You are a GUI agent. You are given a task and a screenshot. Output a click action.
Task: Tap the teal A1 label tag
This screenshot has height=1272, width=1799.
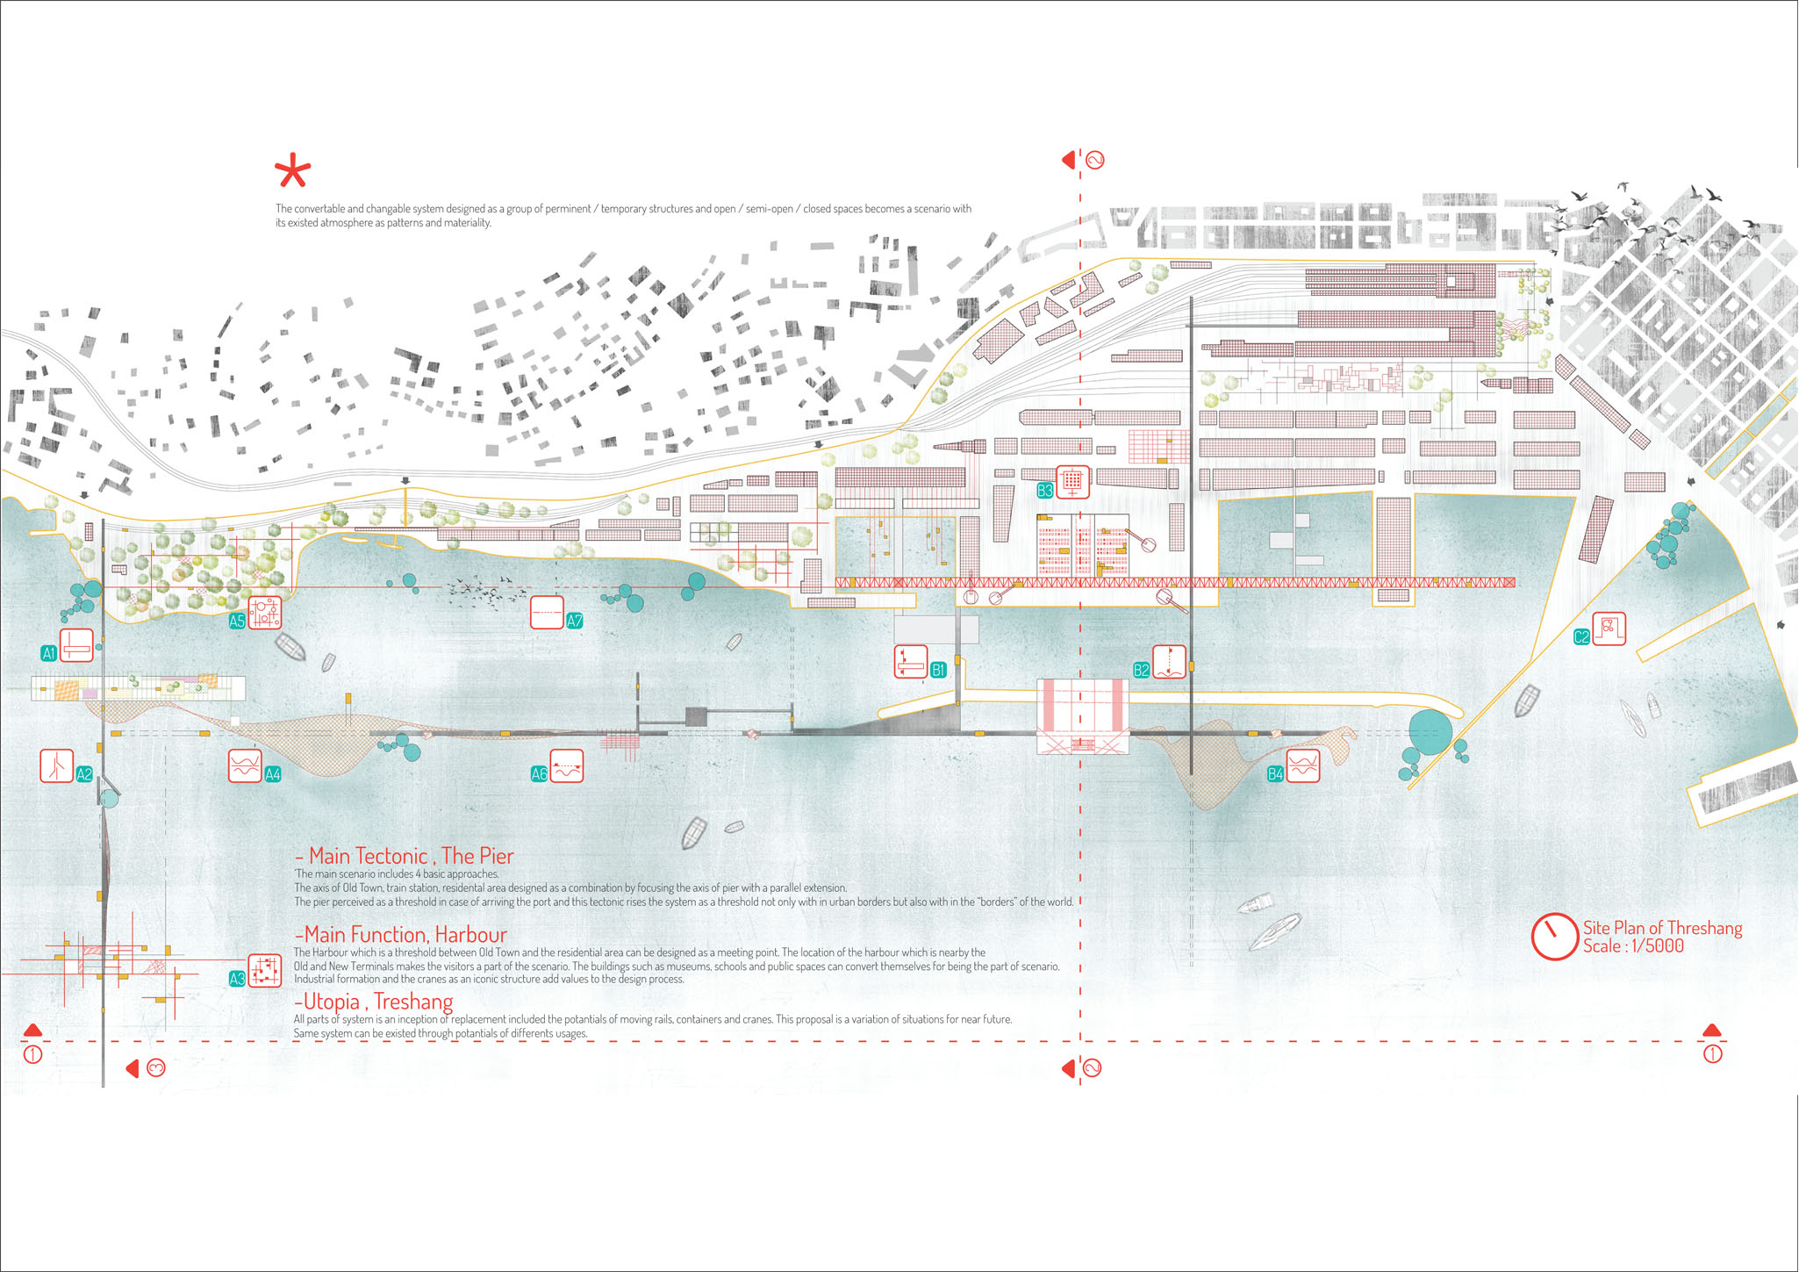click(49, 653)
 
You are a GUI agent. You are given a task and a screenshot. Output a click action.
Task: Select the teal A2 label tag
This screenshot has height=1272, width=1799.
click(84, 774)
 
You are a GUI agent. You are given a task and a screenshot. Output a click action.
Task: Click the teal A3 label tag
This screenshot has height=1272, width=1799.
click(237, 979)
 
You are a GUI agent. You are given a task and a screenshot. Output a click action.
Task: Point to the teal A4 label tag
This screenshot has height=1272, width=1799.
click(273, 774)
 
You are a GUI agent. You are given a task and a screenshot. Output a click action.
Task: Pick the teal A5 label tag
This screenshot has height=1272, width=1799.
click(237, 622)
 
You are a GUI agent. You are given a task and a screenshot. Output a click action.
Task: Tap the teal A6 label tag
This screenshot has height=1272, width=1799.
click(540, 774)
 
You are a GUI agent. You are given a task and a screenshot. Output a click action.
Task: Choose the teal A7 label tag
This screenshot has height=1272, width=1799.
click(575, 622)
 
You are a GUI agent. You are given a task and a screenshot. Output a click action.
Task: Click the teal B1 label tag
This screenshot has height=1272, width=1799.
click(938, 671)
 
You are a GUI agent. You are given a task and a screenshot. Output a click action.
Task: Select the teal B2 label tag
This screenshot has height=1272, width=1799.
click(1142, 671)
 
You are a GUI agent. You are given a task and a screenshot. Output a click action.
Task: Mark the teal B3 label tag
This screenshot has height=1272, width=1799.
click(1045, 491)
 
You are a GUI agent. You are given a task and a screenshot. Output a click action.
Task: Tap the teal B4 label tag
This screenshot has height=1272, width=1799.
click(1276, 774)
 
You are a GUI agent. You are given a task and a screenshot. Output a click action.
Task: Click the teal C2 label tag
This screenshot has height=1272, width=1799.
click(1581, 637)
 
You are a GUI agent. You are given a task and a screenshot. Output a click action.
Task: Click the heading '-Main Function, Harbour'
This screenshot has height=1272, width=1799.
click(400, 935)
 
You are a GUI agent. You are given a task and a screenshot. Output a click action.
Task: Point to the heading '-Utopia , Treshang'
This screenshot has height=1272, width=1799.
click(373, 1002)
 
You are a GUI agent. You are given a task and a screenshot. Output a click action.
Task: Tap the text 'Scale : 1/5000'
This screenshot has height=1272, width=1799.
click(1633, 946)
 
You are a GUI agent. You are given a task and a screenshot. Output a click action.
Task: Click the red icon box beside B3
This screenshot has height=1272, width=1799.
click(1072, 481)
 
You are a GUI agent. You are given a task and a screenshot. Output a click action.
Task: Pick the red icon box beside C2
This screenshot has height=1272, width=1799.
click(1609, 629)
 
